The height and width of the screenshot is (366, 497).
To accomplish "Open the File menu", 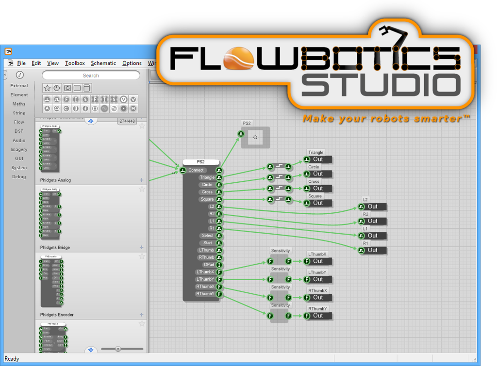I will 21,63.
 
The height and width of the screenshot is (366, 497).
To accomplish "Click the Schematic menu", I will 103,63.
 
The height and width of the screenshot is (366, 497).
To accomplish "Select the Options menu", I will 132,63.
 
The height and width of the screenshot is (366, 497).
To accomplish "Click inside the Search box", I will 91,75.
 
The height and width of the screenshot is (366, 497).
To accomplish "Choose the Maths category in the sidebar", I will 19,104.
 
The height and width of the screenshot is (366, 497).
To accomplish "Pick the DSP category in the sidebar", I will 19,131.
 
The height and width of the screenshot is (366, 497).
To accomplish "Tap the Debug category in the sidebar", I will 19,176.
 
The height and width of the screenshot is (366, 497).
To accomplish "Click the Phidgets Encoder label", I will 57,315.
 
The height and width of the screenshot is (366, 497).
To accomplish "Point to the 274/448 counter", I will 127,121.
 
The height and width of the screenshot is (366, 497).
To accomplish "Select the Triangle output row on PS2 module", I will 207,177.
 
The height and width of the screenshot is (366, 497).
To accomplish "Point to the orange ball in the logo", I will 237,59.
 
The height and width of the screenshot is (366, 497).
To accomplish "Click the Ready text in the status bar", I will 12,359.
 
